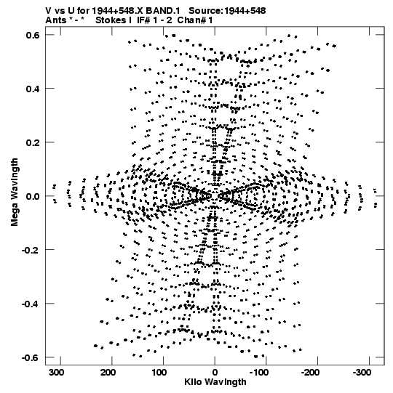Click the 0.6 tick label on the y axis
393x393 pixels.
(x=33, y=35)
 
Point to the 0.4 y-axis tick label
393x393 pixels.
(x=33, y=89)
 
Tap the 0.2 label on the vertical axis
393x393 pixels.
(x=33, y=142)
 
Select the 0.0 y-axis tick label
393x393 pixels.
(x=33, y=196)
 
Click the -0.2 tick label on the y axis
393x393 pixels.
(x=31, y=250)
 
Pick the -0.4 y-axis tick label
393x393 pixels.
(x=31, y=304)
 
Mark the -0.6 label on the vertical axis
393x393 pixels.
(x=31, y=357)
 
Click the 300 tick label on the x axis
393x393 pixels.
(x=56, y=373)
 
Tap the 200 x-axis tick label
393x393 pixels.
(x=108, y=373)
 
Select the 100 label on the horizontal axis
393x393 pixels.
(x=159, y=373)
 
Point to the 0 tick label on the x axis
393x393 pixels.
(x=215, y=373)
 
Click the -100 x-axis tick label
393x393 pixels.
(x=259, y=373)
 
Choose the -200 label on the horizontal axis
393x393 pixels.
(x=310, y=373)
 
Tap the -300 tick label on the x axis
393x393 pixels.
(x=362, y=373)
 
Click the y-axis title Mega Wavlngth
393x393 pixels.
(x=15, y=193)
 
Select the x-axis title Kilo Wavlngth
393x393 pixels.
(x=215, y=382)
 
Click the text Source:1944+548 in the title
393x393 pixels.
(x=227, y=11)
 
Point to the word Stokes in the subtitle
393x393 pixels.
(x=114, y=20)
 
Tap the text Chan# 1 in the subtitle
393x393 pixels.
(x=195, y=20)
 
